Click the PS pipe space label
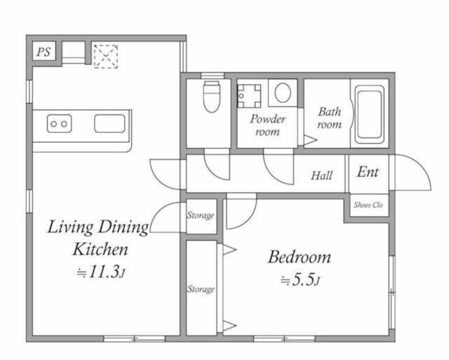tap(44, 52)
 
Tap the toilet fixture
tap(212, 96)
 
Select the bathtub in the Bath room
tap(369, 114)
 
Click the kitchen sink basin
tap(109, 124)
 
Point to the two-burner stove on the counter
tap(59, 124)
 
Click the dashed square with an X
tap(106, 57)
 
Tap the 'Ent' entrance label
tap(368, 172)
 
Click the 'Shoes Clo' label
tap(368, 205)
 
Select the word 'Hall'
tap(322, 175)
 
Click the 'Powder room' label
tap(268, 125)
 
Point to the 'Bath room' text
tap(329, 118)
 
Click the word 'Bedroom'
tap(300, 257)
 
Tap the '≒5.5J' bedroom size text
tap(300, 280)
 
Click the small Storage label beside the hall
tap(200, 215)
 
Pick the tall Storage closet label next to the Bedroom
tap(201, 289)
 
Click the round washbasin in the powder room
tap(283, 93)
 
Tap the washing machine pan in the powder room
tap(249, 95)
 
